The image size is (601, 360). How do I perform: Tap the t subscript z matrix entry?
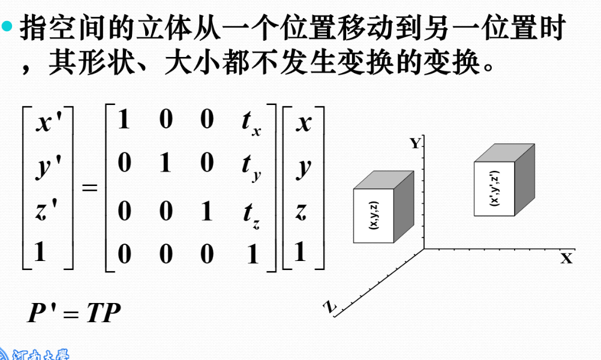click(x=250, y=213)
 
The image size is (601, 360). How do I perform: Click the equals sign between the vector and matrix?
click(x=89, y=188)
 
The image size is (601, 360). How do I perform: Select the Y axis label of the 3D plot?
click(x=414, y=143)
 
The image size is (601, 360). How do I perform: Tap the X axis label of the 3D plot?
click(x=566, y=259)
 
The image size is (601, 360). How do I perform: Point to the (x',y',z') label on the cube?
click(x=494, y=188)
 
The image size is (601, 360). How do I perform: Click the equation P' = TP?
click(x=74, y=313)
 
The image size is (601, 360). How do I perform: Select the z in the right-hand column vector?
click(x=302, y=212)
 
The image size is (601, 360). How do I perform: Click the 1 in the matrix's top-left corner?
click(x=124, y=121)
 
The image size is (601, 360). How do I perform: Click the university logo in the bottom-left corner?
click(x=30, y=353)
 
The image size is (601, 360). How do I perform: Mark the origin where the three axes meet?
click(x=423, y=248)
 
